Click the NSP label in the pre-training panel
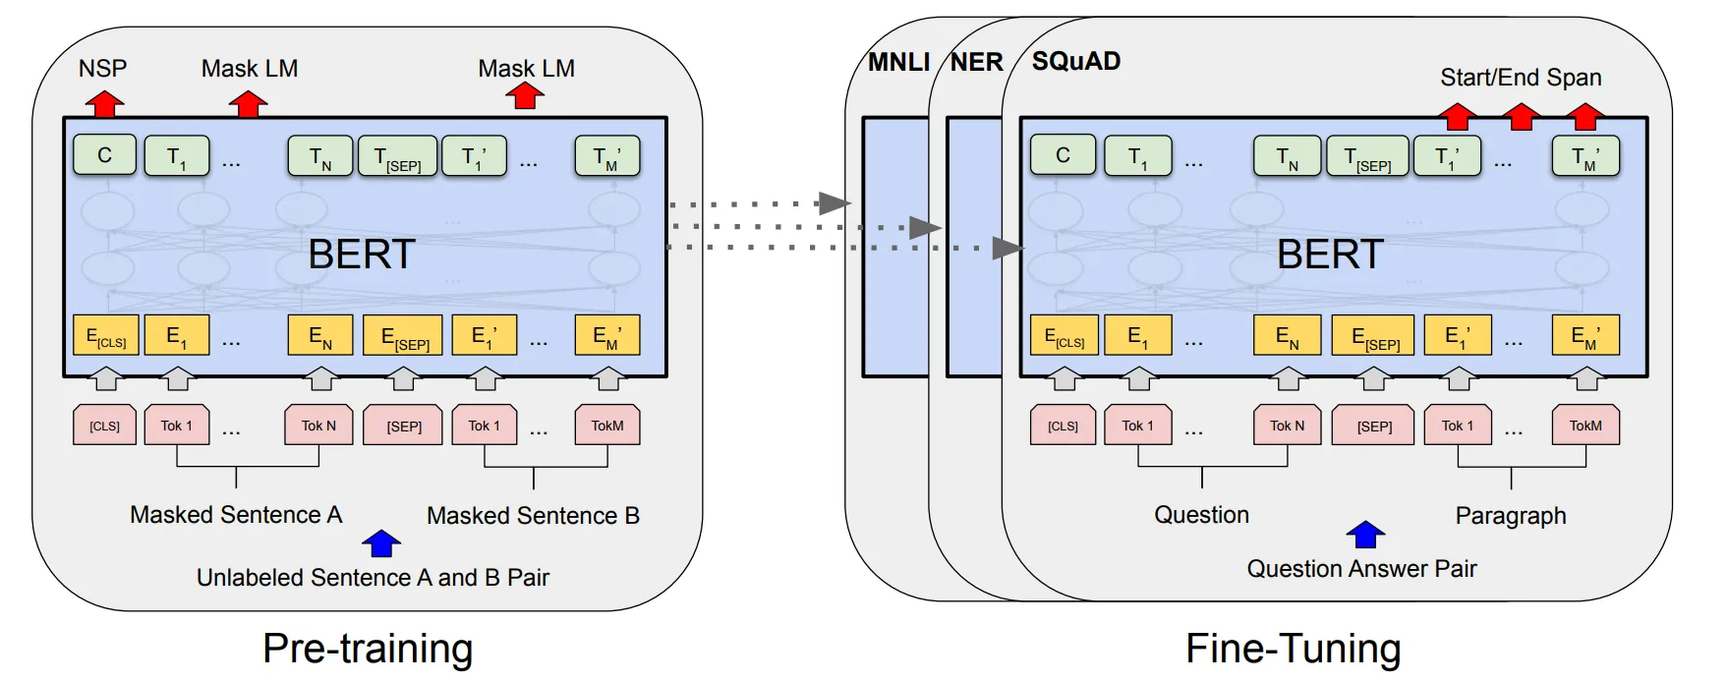103,68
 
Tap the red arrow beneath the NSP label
104,103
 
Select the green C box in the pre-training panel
104,155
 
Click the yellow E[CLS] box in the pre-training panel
105,336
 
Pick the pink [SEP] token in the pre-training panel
403,426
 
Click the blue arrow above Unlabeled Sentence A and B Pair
381,543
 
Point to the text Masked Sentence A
236,515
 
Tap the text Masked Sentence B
533,515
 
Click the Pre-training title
368,650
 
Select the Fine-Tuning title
1294,650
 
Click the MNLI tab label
898,62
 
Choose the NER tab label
977,62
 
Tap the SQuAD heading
1076,61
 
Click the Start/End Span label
1521,78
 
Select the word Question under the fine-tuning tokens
1201,515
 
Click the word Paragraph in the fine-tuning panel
1511,516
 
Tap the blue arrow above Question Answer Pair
1365,535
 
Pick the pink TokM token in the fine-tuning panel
1585,426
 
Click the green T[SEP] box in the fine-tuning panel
1367,156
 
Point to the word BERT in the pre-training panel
362,255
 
